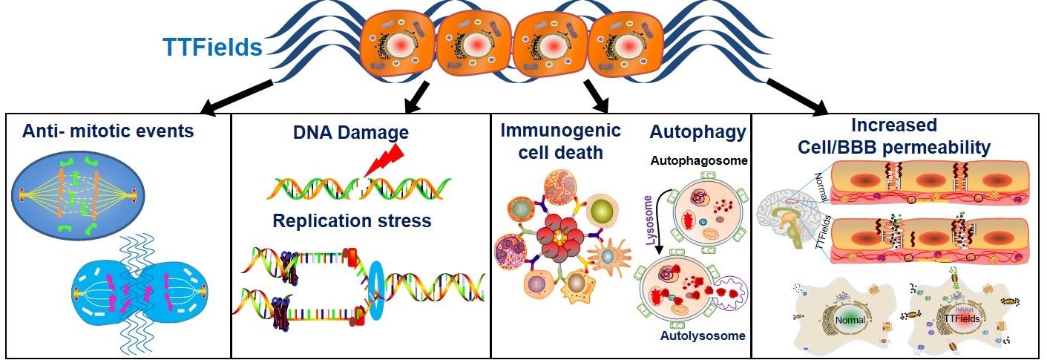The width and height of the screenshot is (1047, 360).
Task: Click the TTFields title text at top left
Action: [x=213, y=48]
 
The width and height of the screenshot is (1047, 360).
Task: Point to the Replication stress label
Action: [x=352, y=220]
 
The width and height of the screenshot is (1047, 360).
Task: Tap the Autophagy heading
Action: [x=698, y=132]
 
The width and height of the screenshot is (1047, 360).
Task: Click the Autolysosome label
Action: [x=702, y=336]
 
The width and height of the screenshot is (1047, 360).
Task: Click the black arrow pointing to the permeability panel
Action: [x=797, y=94]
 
